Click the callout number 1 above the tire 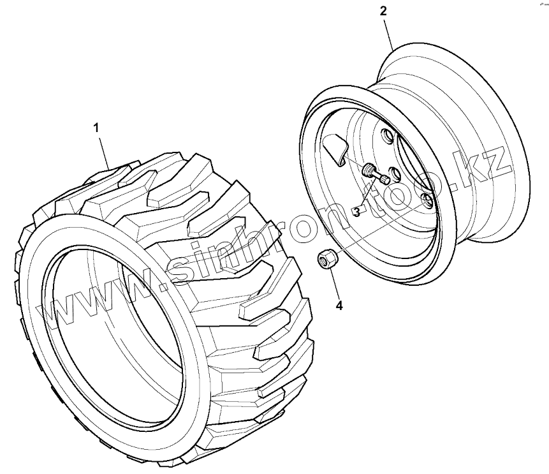click(96, 128)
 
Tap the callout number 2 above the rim click(383, 11)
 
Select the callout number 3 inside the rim click(356, 211)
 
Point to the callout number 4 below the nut click(339, 306)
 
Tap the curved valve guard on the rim click(336, 151)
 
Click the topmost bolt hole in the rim click(385, 135)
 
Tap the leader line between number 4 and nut click(333, 284)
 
